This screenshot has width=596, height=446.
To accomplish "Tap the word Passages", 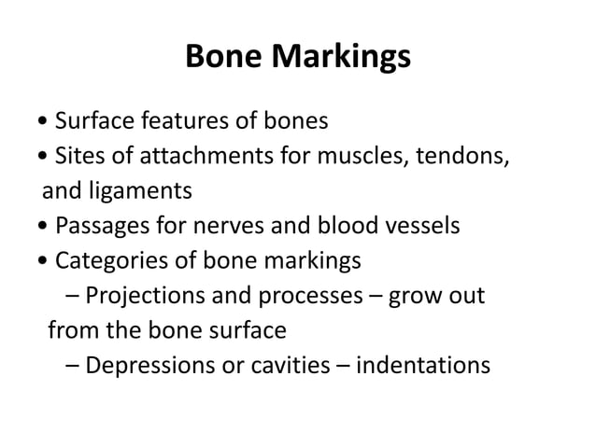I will click(95, 227).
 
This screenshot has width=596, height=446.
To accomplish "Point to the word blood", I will click(331, 227).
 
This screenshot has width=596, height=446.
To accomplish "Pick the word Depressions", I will click(148, 366).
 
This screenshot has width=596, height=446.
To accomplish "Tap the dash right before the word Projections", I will click(74, 297).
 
